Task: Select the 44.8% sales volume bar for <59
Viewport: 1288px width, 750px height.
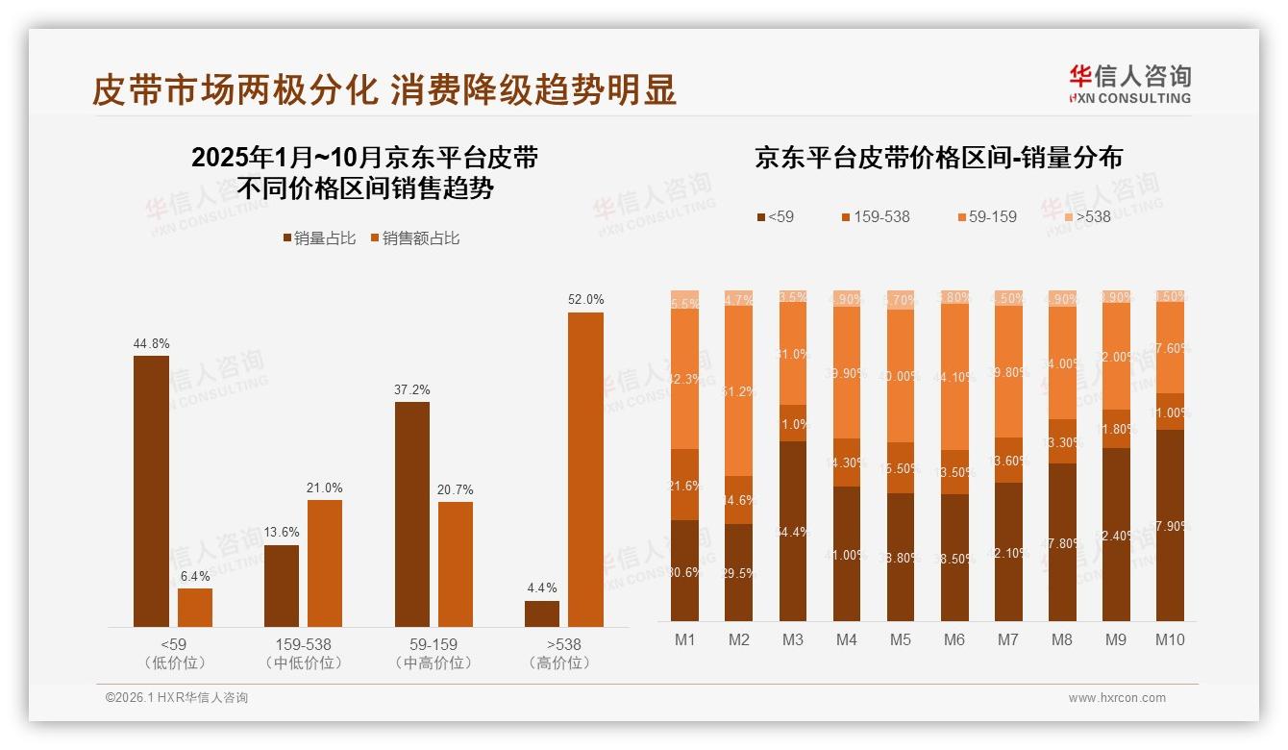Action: click(x=151, y=491)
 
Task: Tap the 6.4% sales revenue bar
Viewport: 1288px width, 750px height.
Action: click(x=195, y=608)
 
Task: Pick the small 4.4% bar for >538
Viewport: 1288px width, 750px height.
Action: click(x=542, y=613)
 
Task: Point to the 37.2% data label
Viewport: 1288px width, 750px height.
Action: click(x=412, y=389)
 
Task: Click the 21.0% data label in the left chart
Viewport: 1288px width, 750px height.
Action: click(x=325, y=487)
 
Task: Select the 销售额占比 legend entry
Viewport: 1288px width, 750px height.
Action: click(x=414, y=238)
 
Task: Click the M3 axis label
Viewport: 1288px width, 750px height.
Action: click(x=792, y=639)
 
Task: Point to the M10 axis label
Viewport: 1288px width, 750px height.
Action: click(x=1169, y=639)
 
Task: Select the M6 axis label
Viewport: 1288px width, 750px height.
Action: click(x=954, y=639)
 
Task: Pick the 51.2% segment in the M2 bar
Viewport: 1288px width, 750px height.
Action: click(x=738, y=390)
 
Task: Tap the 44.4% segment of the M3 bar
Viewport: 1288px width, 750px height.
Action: click(x=792, y=531)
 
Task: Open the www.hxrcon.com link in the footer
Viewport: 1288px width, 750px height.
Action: click(x=1117, y=698)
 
